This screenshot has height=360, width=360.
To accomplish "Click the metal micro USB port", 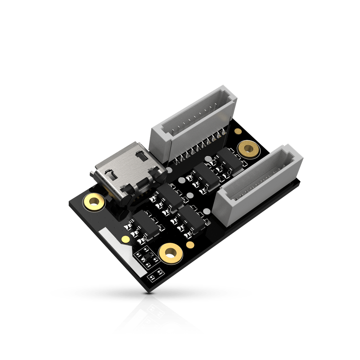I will pos(126,169).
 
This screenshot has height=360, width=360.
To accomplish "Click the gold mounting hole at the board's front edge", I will pos(171,252).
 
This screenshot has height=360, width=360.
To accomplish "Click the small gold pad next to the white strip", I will pos(125,239).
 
